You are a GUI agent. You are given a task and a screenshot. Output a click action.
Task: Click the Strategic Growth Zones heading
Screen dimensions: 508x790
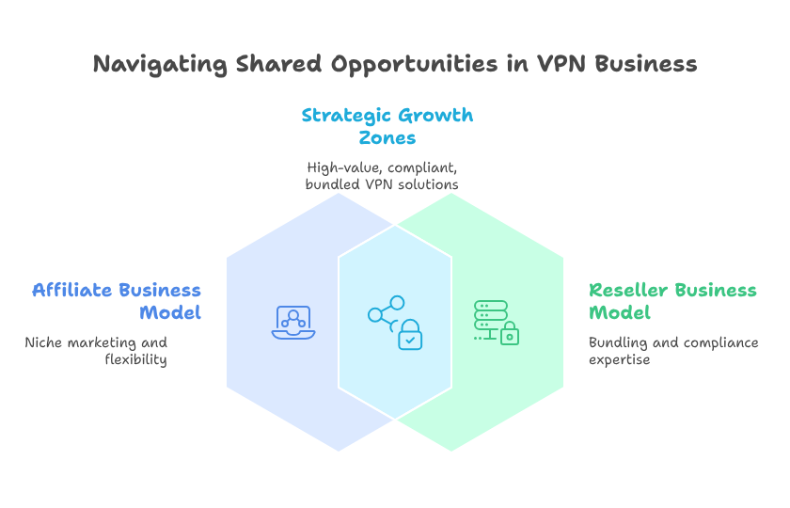coord(387,126)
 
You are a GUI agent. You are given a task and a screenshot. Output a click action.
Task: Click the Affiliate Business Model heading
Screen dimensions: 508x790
coord(117,301)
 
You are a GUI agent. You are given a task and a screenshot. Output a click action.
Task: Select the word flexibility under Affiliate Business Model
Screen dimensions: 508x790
coord(135,359)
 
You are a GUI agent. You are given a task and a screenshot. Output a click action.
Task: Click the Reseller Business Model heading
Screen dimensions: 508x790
coord(672,301)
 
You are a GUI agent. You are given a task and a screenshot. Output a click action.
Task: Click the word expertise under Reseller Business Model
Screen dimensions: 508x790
coord(620,359)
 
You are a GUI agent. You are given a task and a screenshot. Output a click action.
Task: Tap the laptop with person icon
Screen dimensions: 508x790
coord(293,323)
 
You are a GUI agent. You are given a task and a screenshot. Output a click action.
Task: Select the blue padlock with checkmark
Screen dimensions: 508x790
coord(410,336)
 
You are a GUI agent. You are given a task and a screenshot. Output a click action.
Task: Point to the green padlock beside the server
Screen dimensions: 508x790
coord(510,334)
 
